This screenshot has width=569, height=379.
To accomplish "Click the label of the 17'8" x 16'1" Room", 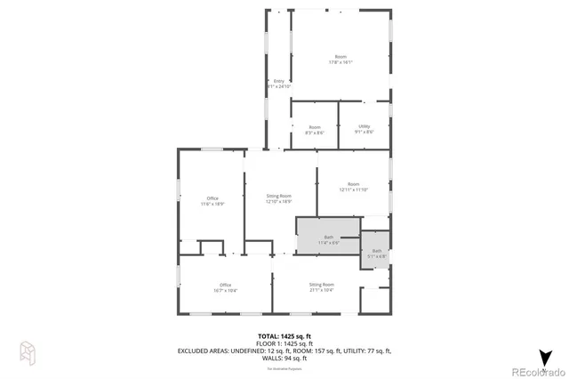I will click(341, 60).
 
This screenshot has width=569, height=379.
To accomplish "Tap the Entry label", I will click(278, 84).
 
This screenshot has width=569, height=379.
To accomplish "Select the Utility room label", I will click(364, 129).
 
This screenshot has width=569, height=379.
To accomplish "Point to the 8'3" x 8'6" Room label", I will click(315, 129).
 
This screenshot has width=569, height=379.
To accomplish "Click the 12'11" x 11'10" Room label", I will click(353, 186).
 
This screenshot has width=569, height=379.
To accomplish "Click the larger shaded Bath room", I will click(327, 238).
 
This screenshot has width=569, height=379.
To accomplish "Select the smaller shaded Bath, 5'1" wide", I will click(375, 252).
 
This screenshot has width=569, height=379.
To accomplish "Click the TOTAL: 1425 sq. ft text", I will click(284, 335).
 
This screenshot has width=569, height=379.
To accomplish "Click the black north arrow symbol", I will click(544, 356).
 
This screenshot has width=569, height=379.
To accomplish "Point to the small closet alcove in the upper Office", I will click(211, 246).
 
